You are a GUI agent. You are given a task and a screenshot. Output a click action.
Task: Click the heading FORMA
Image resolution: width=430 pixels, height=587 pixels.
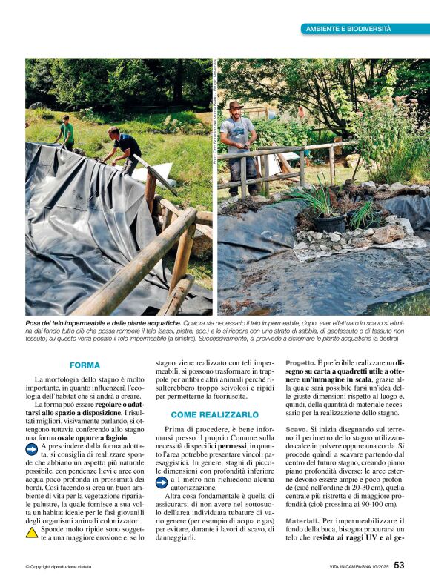[x=85, y=365]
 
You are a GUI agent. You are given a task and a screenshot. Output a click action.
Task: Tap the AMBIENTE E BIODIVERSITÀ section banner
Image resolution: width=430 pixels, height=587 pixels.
[x=348, y=28]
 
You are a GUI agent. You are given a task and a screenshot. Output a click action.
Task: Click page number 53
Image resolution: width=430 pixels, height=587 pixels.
[x=399, y=565]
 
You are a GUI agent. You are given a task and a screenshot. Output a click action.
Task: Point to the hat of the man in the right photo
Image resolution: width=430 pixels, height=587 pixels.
[x=236, y=105]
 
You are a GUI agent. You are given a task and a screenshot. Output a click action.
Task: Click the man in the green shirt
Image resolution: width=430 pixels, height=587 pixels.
[x=67, y=133]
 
